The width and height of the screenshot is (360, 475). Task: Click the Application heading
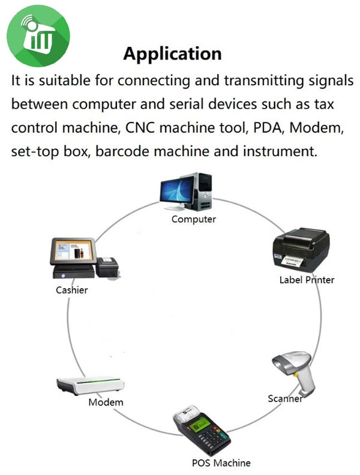[x=172, y=53]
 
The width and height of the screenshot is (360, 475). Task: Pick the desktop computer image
[x=186, y=191]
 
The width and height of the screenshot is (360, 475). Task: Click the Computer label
[x=193, y=219]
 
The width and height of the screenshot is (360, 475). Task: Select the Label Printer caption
[x=307, y=280]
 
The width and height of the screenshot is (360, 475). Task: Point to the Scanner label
[x=284, y=399]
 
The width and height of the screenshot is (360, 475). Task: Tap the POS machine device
[x=201, y=432]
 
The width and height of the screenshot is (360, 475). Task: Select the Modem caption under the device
[x=106, y=402]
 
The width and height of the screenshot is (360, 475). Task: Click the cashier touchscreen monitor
[x=73, y=254]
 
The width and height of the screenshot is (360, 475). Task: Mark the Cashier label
[x=72, y=290]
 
